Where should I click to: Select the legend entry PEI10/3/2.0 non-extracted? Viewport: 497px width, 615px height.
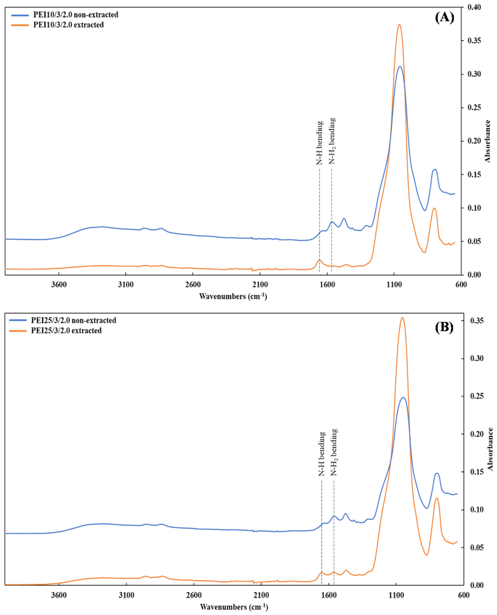[x=76, y=15]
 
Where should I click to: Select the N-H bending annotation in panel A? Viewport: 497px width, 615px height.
[x=320, y=143]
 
